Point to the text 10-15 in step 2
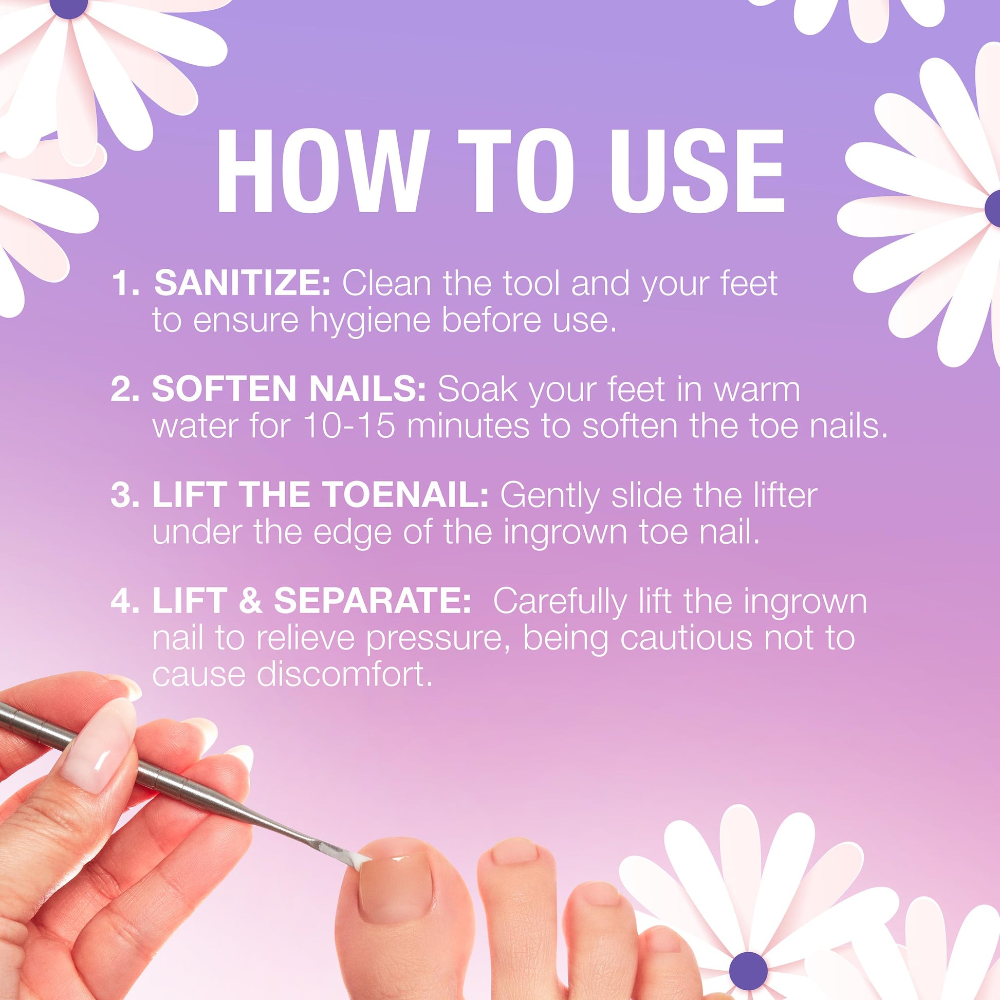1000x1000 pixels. click(350, 426)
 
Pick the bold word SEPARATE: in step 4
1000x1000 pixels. click(372, 601)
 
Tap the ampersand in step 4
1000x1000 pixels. click(251, 601)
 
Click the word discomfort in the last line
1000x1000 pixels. click(344, 675)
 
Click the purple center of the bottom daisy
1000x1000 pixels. click(747, 968)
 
